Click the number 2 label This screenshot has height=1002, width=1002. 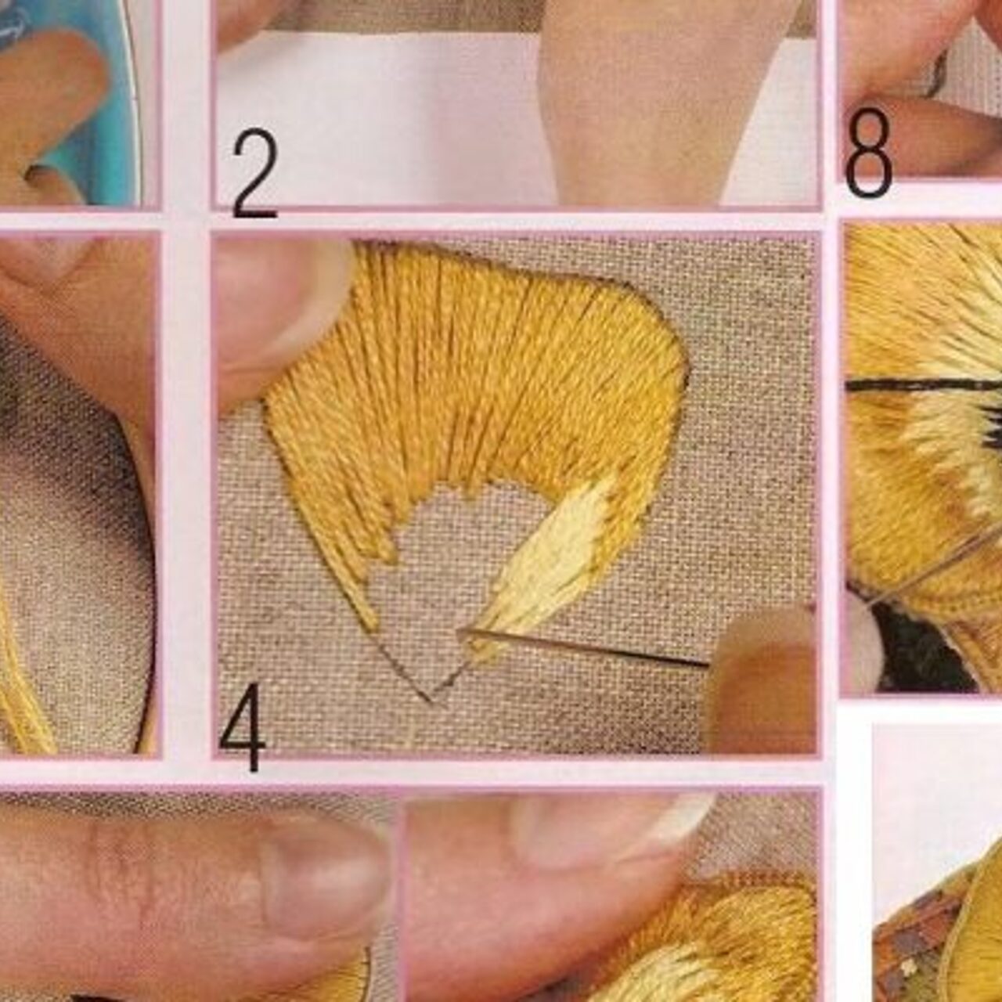pyautogui.click(x=254, y=175)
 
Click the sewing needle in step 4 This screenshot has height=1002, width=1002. pyautogui.click(x=582, y=647)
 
